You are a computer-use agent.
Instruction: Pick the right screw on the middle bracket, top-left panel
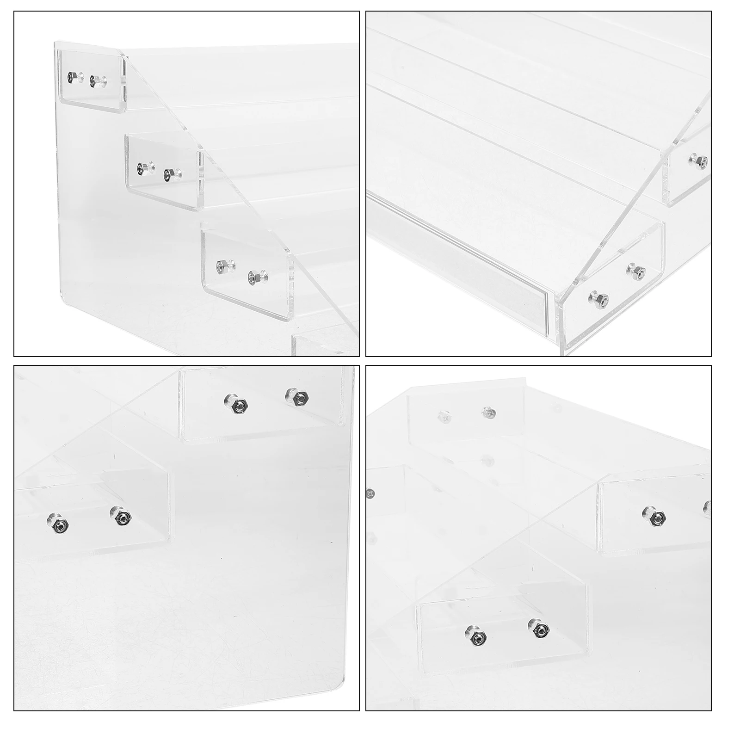point(167,175)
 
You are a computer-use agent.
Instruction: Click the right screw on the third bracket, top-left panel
point(253,278)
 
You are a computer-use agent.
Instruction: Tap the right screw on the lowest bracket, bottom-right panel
point(539,629)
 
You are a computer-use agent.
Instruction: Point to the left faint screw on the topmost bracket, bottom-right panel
point(443,417)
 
